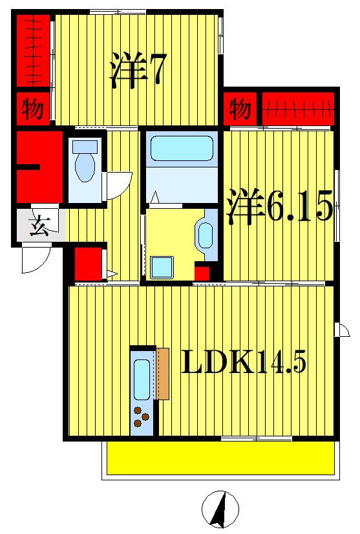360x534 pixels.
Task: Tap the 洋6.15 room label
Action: click(x=279, y=207)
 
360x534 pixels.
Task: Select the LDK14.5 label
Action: click(x=242, y=363)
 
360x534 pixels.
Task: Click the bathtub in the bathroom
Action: click(x=182, y=149)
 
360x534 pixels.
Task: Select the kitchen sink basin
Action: click(x=142, y=379)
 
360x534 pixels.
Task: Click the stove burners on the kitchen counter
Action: click(x=140, y=416)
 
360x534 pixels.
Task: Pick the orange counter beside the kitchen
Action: click(x=162, y=374)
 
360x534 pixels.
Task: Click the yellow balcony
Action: click(x=220, y=458)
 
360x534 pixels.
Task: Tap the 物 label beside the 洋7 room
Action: click(x=33, y=109)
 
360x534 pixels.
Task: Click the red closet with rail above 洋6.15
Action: click(x=298, y=108)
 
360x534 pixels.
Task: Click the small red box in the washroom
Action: click(x=202, y=273)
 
